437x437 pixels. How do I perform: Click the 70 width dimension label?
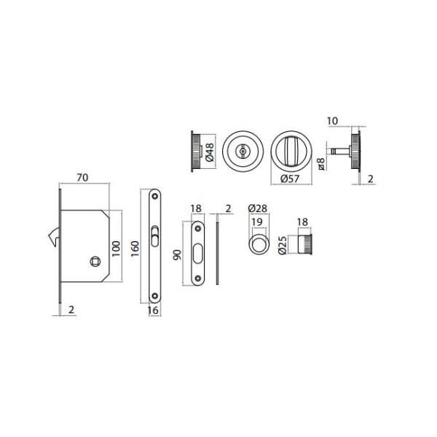82,178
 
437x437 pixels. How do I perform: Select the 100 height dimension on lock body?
116,248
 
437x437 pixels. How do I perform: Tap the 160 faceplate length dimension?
135,248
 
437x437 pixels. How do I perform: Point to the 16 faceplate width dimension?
153,310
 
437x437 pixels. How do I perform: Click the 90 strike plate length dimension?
177,255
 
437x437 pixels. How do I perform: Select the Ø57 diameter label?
290,178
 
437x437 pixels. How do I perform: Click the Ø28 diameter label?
258,208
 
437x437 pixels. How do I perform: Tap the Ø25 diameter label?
283,245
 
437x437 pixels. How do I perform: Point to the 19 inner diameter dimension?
257,222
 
